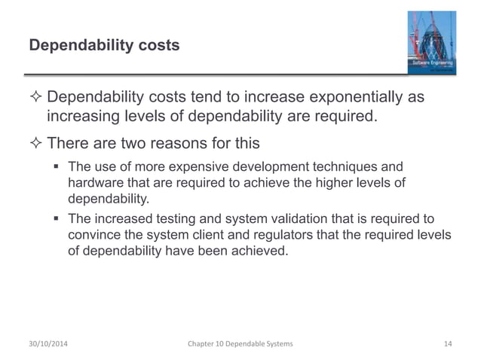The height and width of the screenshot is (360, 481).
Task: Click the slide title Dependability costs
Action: point(104,46)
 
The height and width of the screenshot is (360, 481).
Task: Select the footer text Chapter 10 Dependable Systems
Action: point(240,344)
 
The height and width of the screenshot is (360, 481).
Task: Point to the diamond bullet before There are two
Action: point(35,142)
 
